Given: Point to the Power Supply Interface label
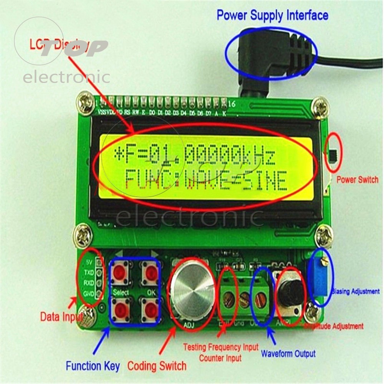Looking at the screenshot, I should point(272,15).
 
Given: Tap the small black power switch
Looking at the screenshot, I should point(334,155).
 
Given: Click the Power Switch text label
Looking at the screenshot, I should point(357,179).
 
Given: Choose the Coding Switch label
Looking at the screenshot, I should point(156,365).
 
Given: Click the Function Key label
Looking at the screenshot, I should point(93,365).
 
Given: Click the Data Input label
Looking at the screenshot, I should point(61,317).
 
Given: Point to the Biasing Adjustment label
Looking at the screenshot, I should point(355,291).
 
